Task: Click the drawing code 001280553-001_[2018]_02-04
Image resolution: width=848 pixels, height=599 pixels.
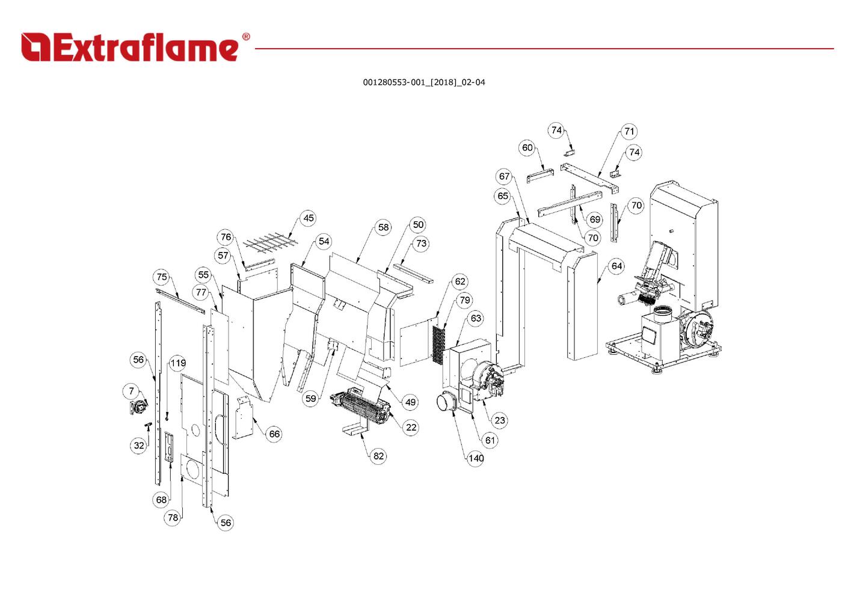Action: point(423,82)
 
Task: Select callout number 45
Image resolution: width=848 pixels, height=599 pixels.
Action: point(309,218)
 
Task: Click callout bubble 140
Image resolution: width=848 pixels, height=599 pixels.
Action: point(476,458)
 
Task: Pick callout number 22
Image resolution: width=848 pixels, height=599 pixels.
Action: point(411,428)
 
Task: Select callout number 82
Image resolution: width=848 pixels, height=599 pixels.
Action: point(378,456)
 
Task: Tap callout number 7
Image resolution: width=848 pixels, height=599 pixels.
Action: point(132,392)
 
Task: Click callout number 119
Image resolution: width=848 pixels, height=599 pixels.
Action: point(178,363)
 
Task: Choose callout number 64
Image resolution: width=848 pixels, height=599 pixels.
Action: point(616,266)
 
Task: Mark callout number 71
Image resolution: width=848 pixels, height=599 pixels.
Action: point(629,131)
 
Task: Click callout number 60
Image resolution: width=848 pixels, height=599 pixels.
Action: point(527,148)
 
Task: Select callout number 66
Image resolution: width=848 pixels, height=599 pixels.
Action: point(274,434)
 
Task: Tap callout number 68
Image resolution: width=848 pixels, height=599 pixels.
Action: point(161,500)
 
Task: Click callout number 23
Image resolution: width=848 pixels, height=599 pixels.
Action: point(500,420)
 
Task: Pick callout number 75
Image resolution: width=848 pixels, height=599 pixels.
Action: point(161,277)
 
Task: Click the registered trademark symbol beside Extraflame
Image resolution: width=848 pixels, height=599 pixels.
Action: point(245,37)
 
